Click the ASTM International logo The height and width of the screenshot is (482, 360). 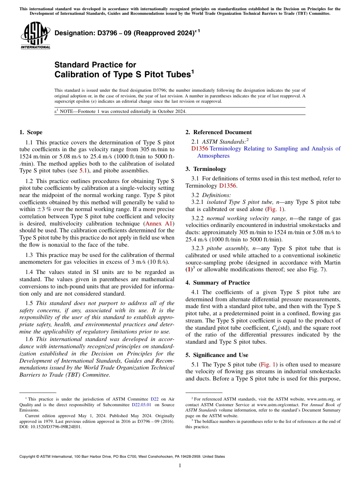pyautogui.click(x=35, y=35)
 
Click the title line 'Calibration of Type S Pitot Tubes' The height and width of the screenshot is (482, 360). pyautogui.click(x=123, y=74)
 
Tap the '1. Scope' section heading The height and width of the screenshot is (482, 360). pyautogui.click(x=31, y=132)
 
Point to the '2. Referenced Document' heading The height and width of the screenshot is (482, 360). pyautogui.click(x=218, y=132)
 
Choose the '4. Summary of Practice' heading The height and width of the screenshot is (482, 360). pyautogui.click(x=218, y=283)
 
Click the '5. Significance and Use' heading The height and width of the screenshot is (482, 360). pyautogui.click(x=217, y=355)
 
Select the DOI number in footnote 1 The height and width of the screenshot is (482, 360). pyautogui.click(x=51, y=426)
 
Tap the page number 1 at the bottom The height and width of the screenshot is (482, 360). pyautogui.click(x=180, y=465)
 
